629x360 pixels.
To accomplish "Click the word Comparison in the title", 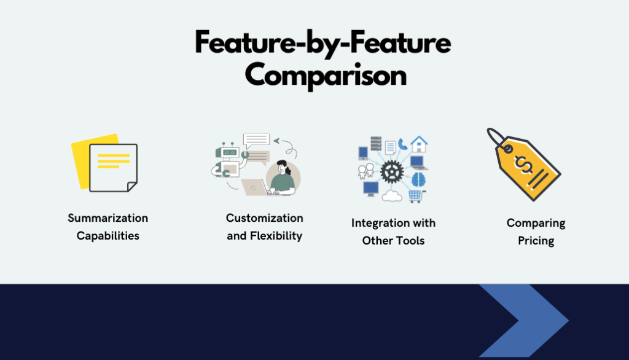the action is [326, 76].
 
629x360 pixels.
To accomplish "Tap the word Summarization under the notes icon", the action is [108, 218].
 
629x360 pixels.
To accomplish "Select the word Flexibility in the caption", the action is [276, 235].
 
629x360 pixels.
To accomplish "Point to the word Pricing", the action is [536, 241].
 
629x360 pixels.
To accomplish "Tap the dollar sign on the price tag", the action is [523, 164].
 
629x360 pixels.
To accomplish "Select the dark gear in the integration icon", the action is [391, 172].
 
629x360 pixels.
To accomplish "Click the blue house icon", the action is [419, 144].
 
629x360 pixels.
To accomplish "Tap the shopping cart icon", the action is [416, 196].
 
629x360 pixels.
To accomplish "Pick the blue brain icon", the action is [418, 179].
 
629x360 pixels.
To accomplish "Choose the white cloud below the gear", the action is [392, 196].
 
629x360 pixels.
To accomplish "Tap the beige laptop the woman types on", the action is [256, 187].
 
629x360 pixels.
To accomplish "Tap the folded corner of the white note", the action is [132, 187].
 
